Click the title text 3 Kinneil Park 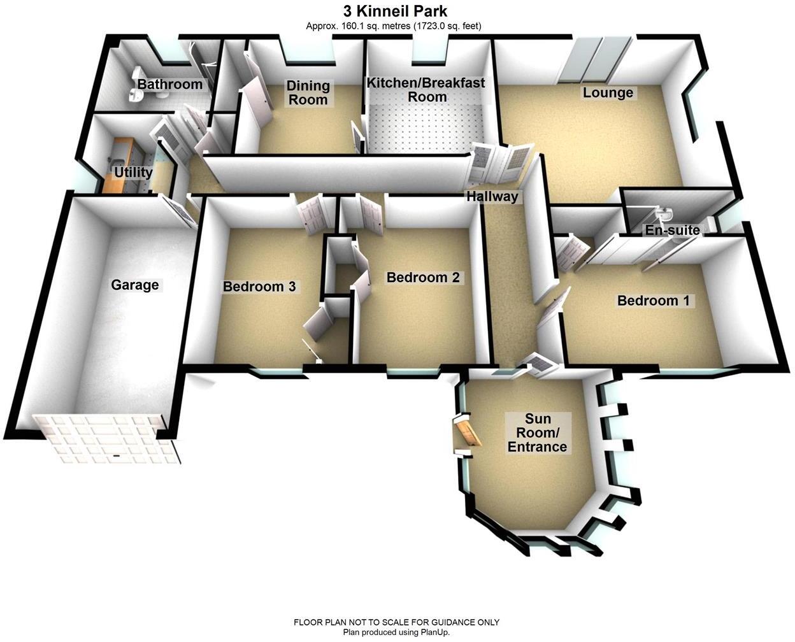tap(396, 11)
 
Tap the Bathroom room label tap(169, 84)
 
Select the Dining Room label tap(308, 92)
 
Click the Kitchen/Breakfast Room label tap(426, 89)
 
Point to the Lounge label tap(608, 93)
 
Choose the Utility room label tap(133, 173)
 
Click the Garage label tap(134, 285)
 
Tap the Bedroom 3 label tap(259, 287)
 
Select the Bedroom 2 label tap(423, 278)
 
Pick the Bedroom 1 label tap(654, 301)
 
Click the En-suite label tap(672, 230)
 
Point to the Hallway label tap(492, 196)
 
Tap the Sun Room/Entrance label tap(536, 432)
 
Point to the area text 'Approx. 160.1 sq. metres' tap(358, 26)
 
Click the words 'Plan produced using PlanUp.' tap(396, 632)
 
